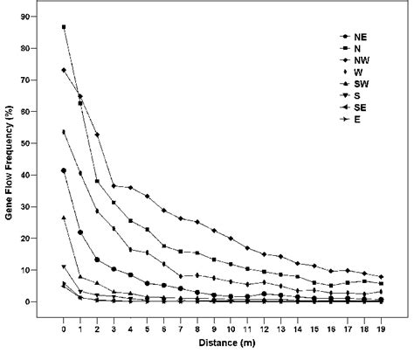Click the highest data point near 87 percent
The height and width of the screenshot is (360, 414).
coord(64,27)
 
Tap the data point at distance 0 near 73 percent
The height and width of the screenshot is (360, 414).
coord(64,70)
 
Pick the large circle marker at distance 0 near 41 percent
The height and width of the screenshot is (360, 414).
coord(64,171)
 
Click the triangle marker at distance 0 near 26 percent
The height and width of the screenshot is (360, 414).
coord(64,218)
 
